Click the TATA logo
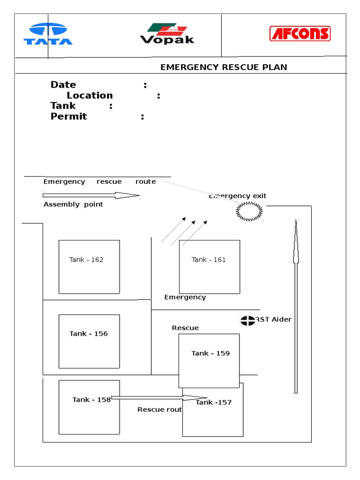coord(48,35)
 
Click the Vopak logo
coord(167,34)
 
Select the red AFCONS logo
coord(300,34)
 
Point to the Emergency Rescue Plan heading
coord(224,67)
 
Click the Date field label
coord(63,85)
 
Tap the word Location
coord(90,96)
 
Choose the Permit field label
coord(68,117)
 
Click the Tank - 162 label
coord(86,260)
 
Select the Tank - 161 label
coord(209,260)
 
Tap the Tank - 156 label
coord(89,334)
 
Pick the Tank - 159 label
coord(210,353)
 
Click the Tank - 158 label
coord(91,400)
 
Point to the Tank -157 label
coord(213,403)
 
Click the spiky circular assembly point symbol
coord(249,212)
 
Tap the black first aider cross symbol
coord(247,321)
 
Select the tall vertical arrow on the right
coord(296,305)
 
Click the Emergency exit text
coord(238,196)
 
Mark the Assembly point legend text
coord(73,204)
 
